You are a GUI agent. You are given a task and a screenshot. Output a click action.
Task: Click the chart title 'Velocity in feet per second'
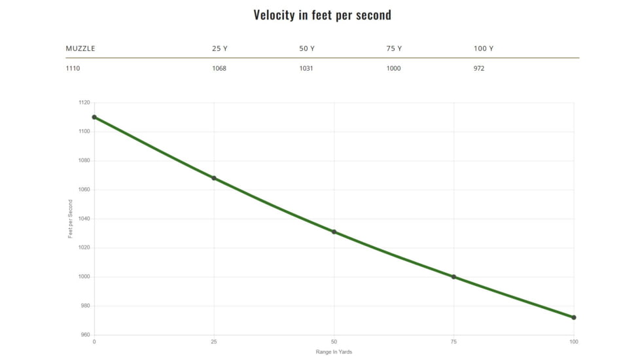[x=322, y=14]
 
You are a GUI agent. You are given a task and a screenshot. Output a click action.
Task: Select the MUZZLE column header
[x=80, y=48]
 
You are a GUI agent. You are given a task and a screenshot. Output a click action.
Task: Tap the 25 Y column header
[x=219, y=48]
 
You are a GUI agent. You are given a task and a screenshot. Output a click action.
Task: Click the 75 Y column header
[x=394, y=48]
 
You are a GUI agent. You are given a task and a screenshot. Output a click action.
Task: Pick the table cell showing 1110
[x=73, y=68]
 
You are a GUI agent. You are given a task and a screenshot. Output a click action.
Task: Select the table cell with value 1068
[x=219, y=68]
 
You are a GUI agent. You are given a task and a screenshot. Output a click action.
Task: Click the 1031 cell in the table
[x=306, y=68]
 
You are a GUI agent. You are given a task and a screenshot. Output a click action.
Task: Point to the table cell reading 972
[x=479, y=68]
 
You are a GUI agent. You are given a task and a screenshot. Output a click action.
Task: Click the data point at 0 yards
[x=94, y=117]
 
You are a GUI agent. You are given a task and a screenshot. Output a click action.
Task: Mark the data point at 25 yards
[x=214, y=178]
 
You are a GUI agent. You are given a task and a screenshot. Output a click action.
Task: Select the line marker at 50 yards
[x=334, y=232]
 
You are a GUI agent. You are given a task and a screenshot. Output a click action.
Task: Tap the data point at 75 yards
[x=453, y=277]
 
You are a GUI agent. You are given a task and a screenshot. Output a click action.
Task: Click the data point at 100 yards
[x=574, y=317]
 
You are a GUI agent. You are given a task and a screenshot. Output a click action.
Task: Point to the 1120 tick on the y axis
[x=84, y=103]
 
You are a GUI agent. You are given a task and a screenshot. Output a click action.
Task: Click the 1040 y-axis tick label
[x=84, y=219]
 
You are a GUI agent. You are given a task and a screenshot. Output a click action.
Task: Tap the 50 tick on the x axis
[x=334, y=342]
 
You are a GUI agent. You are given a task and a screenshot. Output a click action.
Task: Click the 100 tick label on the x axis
[x=574, y=342]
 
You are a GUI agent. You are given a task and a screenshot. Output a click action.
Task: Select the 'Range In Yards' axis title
[x=334, y=352]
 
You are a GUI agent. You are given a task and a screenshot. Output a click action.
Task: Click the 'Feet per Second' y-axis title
[x=71, y=219]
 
